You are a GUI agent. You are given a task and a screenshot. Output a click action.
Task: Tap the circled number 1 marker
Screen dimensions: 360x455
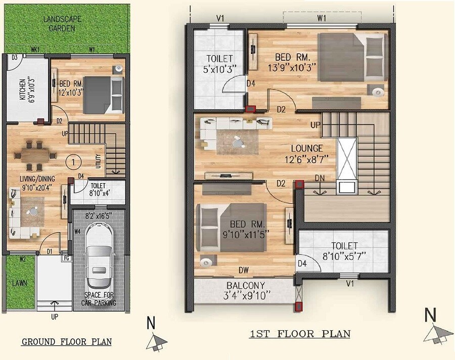pyautogui.click(x=74, y=162)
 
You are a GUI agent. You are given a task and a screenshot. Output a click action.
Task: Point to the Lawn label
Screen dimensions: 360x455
pyautogui.click(x=20, y=283)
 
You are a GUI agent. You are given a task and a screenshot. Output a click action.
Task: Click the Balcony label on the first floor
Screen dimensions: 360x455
pyautogui.click(x=246, y=286)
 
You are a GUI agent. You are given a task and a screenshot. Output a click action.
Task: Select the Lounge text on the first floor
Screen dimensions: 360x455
pyautogui.click(x=306, y=149)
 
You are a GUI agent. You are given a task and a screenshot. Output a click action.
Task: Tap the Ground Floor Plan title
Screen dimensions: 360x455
pyautogui.click(x=66, y=342)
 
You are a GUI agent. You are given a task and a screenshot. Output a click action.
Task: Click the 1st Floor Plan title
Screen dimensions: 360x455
pyautogui.click(x=300, y=334)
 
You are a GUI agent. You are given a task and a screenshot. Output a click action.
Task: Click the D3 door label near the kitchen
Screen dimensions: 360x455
pyautogui.click(x=15, y=58)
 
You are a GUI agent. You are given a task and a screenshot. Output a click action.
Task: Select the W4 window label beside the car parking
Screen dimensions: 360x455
pyautogui.click(x=77, y=232)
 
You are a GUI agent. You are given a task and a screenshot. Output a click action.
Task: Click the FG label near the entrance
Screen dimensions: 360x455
pyautogui.click(x=66, y=258)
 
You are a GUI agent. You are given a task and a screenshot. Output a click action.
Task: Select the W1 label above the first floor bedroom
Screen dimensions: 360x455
pyautogui.click(x=322, y=18)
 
